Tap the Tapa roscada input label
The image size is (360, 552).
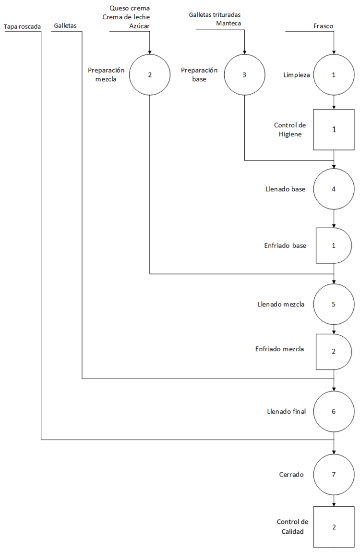click(22, 27)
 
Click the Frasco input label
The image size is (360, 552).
click(323, 26)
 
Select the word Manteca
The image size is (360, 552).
click(228, 23)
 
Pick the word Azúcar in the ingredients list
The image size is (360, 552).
click(139, 26)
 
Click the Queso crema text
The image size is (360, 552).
click(130, 8)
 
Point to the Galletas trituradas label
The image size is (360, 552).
click(215, 15)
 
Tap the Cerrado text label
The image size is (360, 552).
click(291, 475)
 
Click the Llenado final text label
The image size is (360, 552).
click(287, 412)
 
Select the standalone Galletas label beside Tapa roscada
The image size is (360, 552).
click(65, 25)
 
